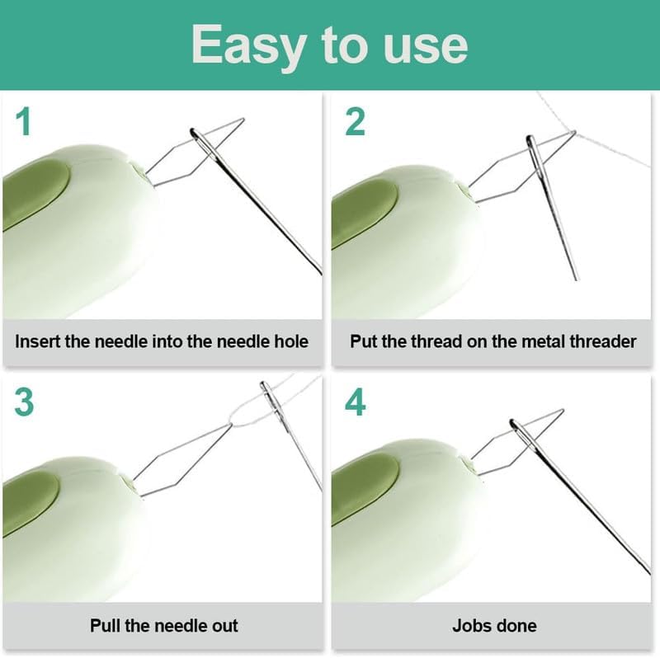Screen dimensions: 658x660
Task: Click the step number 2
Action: point(355,121)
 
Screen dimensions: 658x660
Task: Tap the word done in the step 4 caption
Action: point(518,625)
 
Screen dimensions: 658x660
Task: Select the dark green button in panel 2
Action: point(363,210)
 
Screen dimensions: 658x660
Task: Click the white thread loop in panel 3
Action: point(243,412)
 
